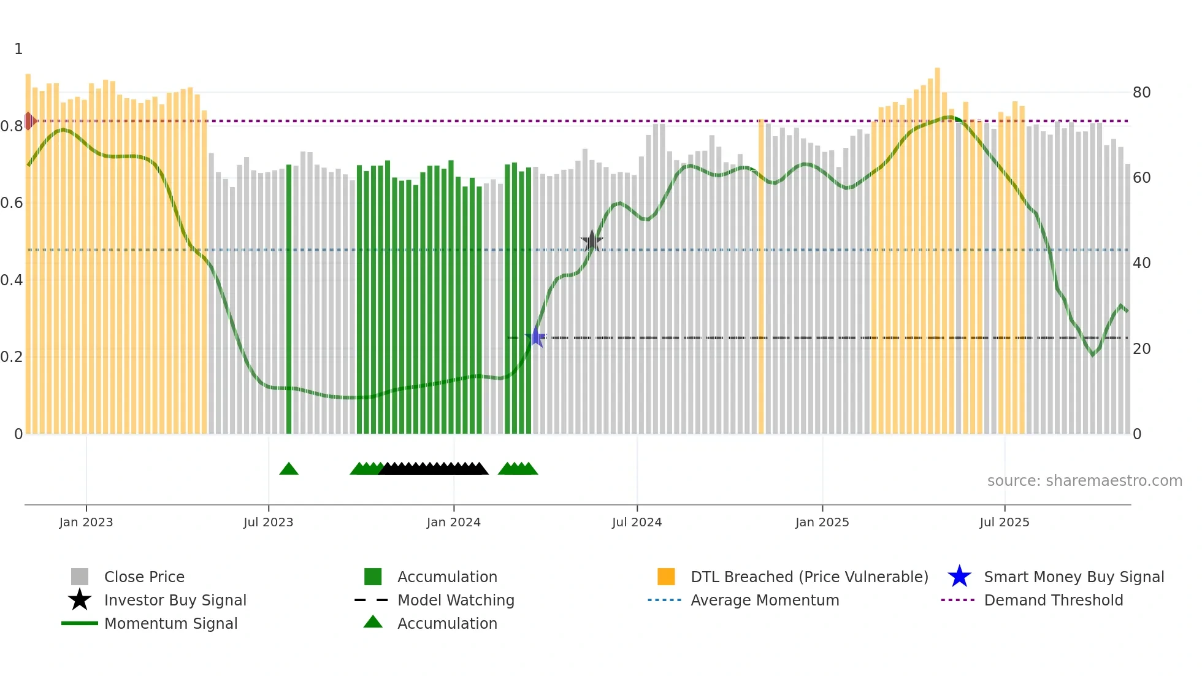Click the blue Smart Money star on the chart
[536, 337]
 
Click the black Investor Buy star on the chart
[592, 241]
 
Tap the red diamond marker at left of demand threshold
[29, 121]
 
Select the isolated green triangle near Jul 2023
[289, 469]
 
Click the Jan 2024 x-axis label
[453, 522]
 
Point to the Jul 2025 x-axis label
[1004, 522]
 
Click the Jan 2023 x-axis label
[86, 522]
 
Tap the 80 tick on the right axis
[1141, 93]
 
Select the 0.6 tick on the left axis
[12, 203]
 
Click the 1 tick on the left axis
[18, 49]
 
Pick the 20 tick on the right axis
[1141, 349]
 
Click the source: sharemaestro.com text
[1084, 481]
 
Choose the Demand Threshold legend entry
[1053, 600]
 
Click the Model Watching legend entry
[455, 600]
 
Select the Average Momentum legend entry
[764, 600]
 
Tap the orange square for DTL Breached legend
[666, 577]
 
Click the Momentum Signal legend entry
[170, 623]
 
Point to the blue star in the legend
[959, 577]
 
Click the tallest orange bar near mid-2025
[937, 245]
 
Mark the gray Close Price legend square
[80, 577]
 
